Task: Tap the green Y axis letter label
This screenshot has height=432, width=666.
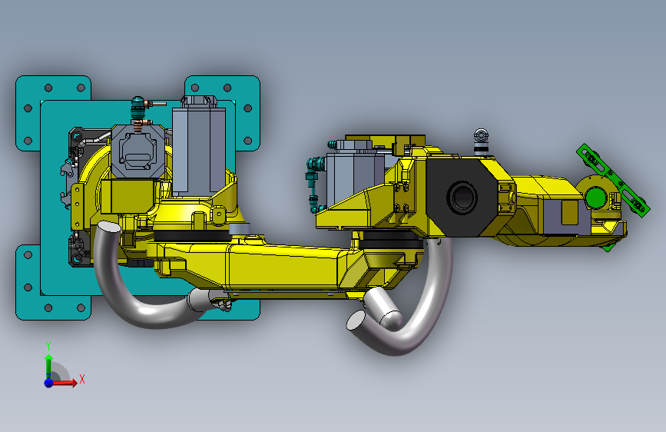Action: (48, 346)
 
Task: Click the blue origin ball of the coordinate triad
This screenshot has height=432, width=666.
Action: (49, 383)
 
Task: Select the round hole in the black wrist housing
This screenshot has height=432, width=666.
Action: (462, 197)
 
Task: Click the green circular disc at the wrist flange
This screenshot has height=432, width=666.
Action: (595, 198)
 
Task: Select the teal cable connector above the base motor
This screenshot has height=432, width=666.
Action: (138, 108)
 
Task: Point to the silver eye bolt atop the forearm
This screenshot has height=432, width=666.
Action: (481, 141)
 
